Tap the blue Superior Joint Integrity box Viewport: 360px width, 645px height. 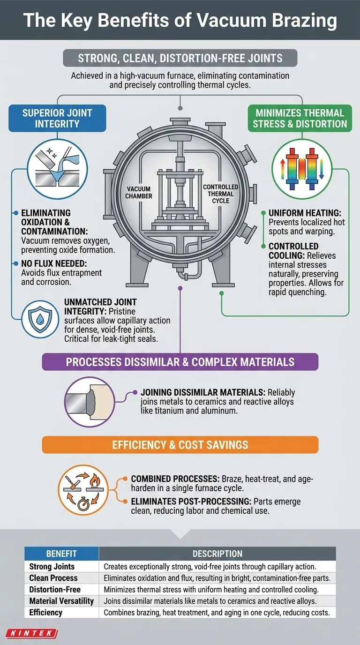57,118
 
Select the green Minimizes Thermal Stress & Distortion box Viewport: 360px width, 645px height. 300,118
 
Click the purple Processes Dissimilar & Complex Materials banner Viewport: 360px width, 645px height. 180,362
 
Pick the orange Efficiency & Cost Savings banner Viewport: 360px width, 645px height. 180,444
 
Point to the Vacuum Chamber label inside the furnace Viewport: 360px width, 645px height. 139,192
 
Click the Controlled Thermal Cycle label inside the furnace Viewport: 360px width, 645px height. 220,194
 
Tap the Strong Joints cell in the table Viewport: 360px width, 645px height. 47,567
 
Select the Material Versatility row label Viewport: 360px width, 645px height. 61,601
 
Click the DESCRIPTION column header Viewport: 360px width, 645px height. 217,554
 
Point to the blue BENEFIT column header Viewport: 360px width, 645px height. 61,554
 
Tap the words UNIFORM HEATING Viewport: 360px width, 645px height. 295,212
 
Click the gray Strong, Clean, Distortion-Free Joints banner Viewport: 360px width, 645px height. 180,58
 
